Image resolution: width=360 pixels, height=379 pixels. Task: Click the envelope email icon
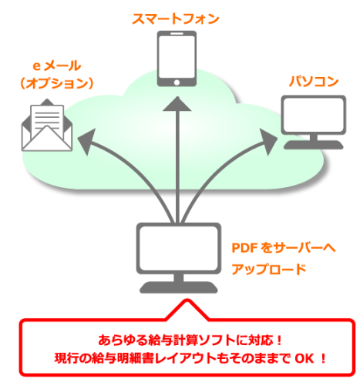[x=46, y=126]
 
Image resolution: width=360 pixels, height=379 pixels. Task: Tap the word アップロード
[x=269, y=270]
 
